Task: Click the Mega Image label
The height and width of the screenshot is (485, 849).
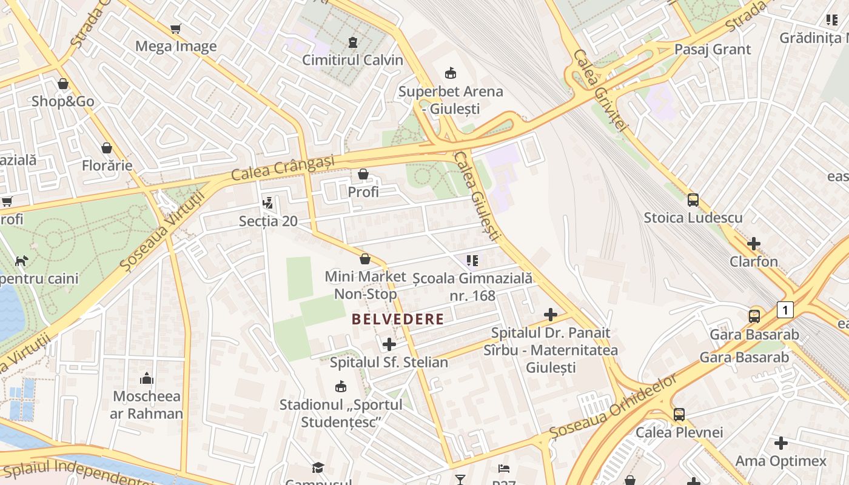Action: click(176, 46)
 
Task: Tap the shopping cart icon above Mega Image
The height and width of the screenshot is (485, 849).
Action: click(176, 28)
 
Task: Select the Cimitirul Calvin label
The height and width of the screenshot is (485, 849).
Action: click(352, 59)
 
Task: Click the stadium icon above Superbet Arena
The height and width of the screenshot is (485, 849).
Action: click(451, 73)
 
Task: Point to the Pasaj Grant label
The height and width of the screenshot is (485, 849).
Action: click(713, 49)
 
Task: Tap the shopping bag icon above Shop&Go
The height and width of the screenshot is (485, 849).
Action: click(63, 84)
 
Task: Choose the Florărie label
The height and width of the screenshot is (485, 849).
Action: click(107, 165)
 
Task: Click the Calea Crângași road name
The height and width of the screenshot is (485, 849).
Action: click(283, 168)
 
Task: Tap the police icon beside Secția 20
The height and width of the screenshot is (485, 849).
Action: click(267, 203)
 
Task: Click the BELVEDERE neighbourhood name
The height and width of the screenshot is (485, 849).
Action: click(398, 319)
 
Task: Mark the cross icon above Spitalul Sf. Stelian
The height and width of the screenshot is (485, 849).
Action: click(389, 344)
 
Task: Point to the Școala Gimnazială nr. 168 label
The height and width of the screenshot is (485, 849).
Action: click(472, 287)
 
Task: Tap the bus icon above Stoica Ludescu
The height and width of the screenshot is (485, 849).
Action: click(693, 199)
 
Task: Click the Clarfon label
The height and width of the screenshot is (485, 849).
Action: click(754, 261)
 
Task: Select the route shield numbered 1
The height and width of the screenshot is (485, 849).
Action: click(785, 310)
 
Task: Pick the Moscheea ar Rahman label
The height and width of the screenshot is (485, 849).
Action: click(146, 405)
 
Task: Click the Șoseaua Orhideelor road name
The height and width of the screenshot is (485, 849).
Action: click(613, 407)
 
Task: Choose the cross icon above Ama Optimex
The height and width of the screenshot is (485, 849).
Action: click(781, 443)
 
